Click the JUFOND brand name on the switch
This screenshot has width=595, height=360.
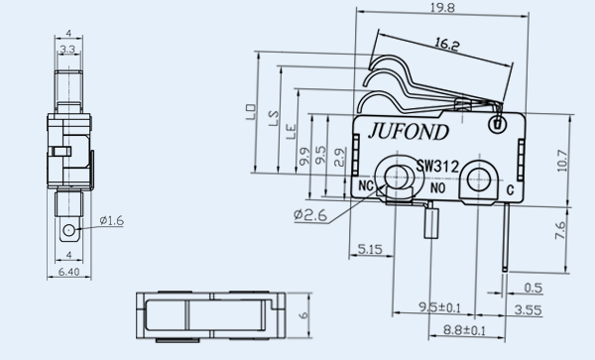click(408, 132)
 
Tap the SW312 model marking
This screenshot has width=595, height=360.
click(437, 167)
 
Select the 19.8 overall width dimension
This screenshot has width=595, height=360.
click(442, 8)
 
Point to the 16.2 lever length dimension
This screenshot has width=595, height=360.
click(446, 45)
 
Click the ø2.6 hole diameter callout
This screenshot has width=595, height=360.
click(310, 214)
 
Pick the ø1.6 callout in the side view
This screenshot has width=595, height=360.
click(111, 220)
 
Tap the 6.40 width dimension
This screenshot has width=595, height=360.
click(69, 272)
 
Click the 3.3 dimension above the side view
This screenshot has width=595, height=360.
click(67, 49)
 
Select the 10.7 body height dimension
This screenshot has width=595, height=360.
click(562, 161)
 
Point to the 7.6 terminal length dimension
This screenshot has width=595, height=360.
click(560, 230)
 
